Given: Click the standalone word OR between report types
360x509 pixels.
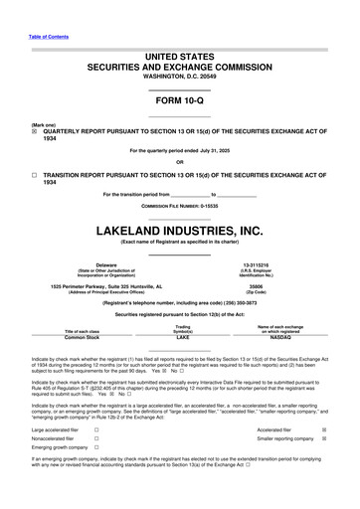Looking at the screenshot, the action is point(179,162).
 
